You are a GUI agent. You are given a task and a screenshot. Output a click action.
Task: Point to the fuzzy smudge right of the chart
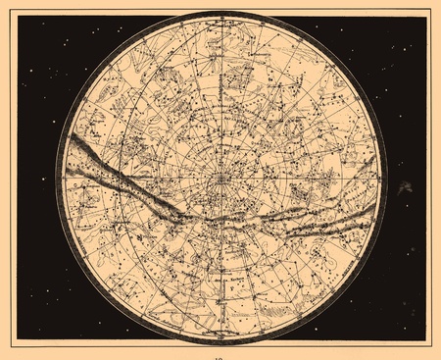click(405, 187)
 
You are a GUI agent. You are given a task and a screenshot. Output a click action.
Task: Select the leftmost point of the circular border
click(56, 179)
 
